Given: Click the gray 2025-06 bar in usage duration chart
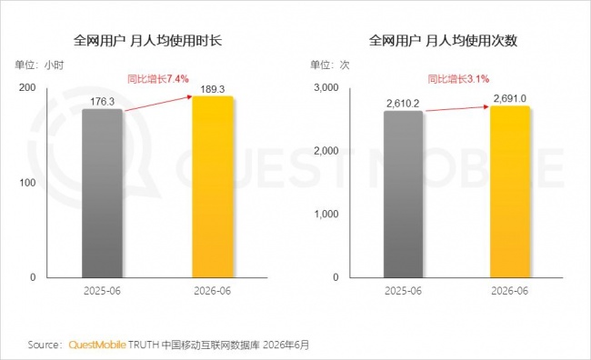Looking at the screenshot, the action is coord(102,194).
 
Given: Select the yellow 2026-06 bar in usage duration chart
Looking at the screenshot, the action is coord(213,187).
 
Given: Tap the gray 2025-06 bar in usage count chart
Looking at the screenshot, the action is coord(404,195).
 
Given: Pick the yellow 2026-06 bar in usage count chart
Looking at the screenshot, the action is coord(510,192).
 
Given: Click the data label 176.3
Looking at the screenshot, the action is coord(102,102).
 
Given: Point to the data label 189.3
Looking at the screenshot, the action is coord(213,89).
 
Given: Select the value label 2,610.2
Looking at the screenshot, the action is coord(403,104).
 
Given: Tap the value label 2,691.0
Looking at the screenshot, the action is coord(510,98).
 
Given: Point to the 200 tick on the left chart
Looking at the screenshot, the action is coord(27,87).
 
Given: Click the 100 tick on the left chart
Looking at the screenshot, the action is coord(27,183).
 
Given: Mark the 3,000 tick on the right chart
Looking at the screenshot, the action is coord(326,87).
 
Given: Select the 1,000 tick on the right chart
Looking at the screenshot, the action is coord(326,215).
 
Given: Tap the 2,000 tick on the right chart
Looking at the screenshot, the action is coord(326,151).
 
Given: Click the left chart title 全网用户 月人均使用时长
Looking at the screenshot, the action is coord(147,40).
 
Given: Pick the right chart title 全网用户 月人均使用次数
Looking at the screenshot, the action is coord(443,40).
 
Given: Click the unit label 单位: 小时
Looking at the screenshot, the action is coord(39,65).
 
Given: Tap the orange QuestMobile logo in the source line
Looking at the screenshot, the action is coord(97,345).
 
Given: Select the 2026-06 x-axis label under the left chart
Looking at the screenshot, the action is coord(213,291).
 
